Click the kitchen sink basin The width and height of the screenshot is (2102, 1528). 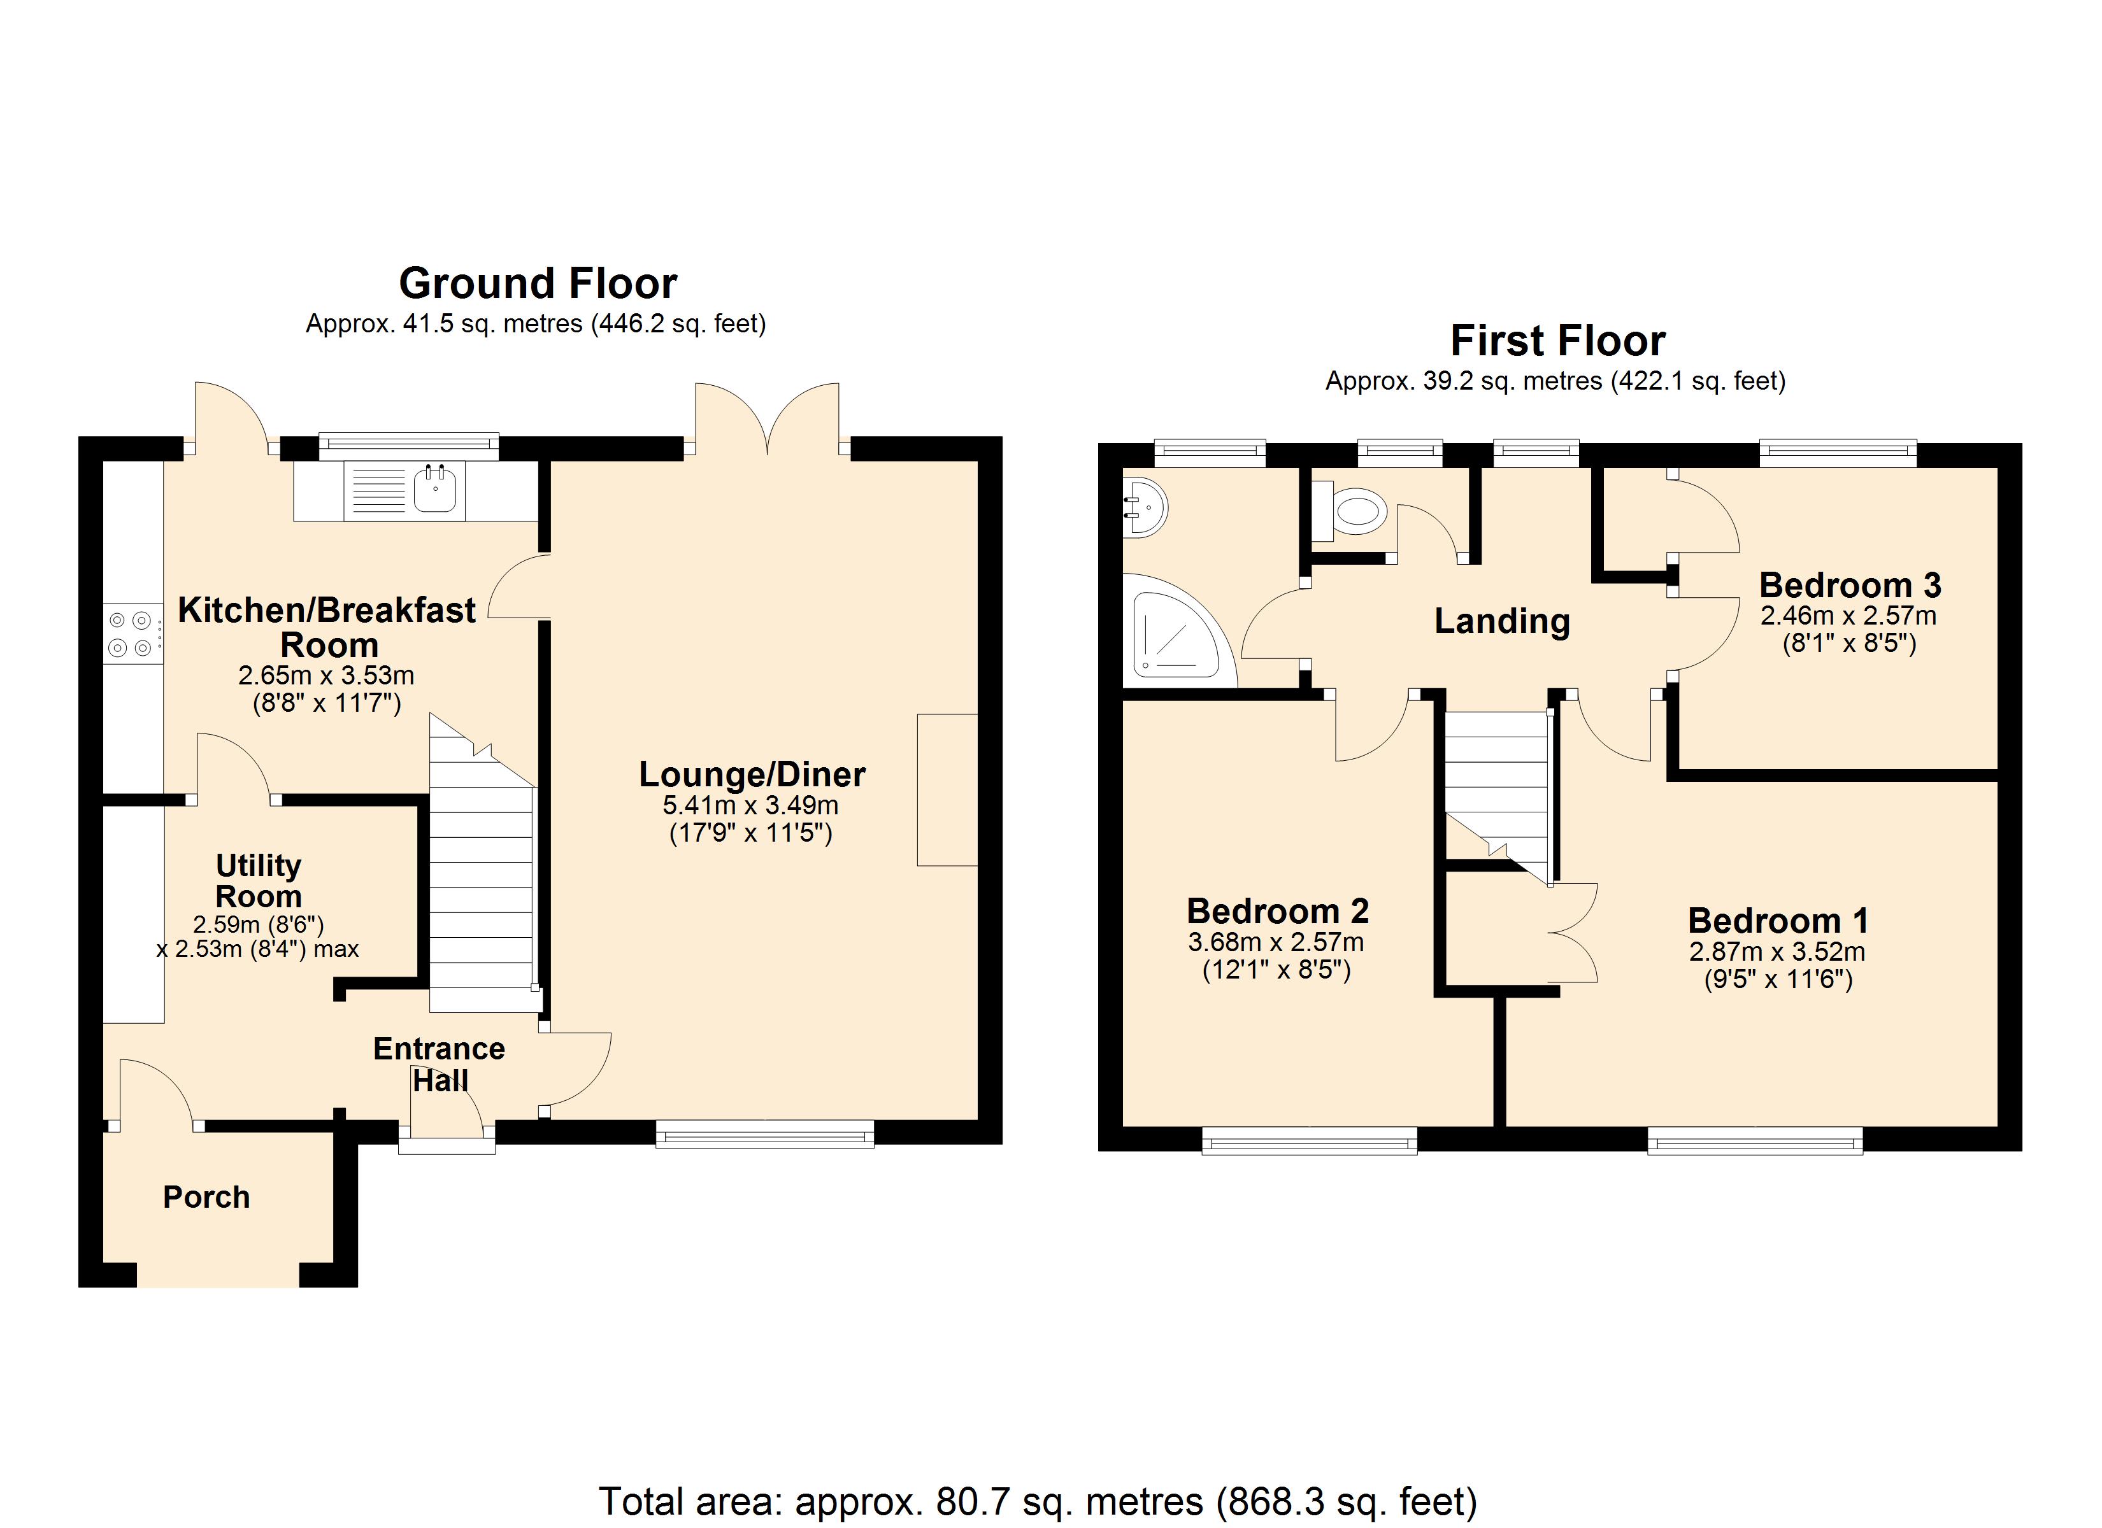click(434, 489)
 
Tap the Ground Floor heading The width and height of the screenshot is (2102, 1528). click(538, 283)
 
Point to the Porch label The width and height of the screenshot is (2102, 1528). click(206, 1197)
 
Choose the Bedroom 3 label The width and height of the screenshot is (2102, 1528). click(1850, 586)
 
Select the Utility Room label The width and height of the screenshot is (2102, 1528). click(259, 881)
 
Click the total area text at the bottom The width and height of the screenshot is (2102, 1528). click(1038, 1502)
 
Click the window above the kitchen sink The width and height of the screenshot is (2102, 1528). click(409, 446)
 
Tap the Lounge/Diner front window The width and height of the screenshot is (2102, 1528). click(764, 1134)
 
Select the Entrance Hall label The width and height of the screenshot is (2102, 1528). click(440, 1065)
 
